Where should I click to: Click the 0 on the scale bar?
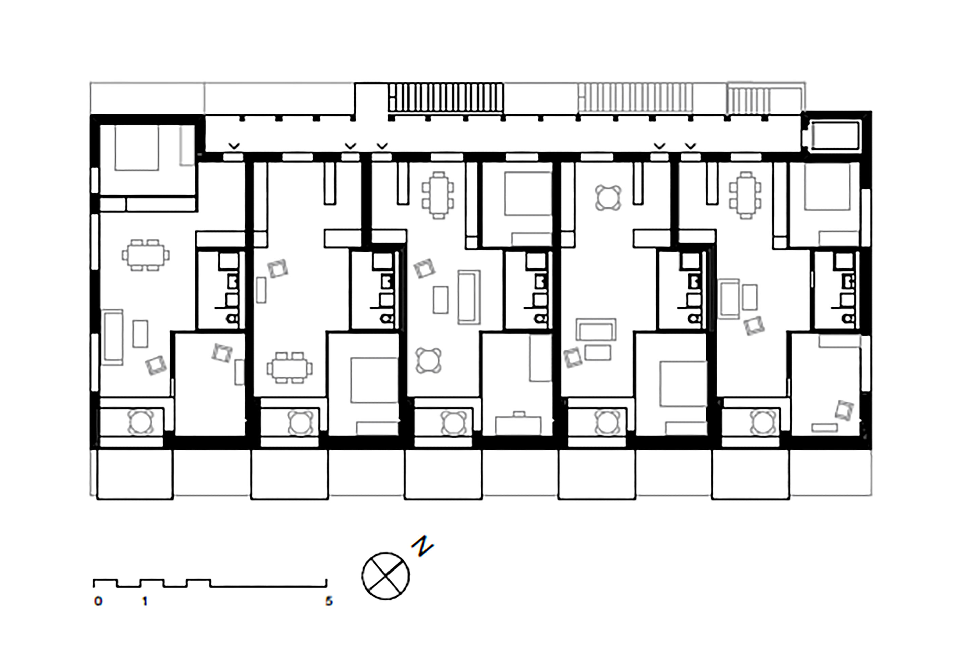click(98, 602)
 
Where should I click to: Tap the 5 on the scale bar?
click(329, 602)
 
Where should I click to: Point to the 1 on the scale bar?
click(145, 602)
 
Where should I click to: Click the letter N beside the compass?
click(422, 546)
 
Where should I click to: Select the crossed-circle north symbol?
click(385, 576)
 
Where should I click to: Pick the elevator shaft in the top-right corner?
click(835, 135)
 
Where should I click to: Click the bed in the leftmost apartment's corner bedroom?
click(137, 148)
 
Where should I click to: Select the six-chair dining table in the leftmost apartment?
click(146, 255)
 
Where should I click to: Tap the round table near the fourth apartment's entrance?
click(608, 198)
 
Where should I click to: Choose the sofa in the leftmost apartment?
click(112, 337)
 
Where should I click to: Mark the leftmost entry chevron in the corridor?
click(234, 146)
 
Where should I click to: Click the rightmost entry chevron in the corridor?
click(690, 146)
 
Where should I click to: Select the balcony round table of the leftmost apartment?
click(141, 422)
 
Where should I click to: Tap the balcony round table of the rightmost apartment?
click(763, 422)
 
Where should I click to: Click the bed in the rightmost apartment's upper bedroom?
click(827, 186)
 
